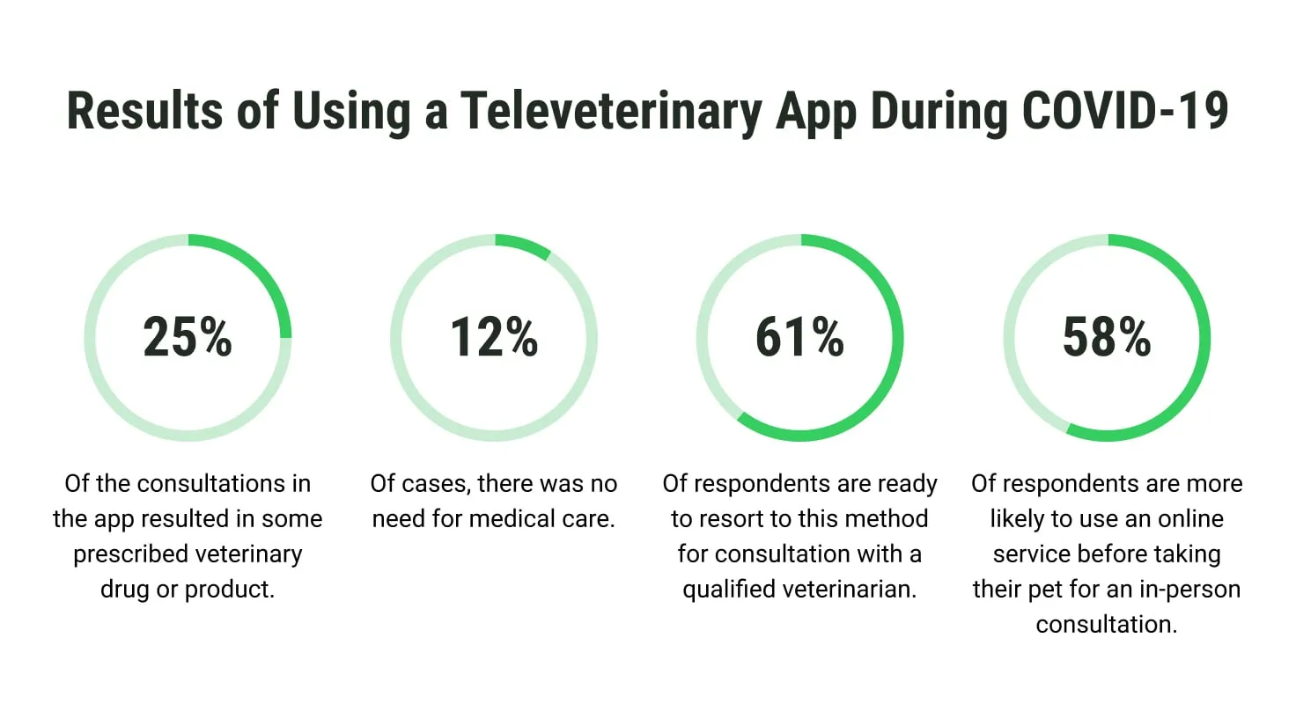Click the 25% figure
click(x=188, y=338)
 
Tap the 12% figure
click(x=494, y=338)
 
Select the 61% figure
click(x=799, y=338)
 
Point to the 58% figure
click(x=1107, y=338)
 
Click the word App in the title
click(x=814, y=112)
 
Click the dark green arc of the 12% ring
click(x=525, y=244)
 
